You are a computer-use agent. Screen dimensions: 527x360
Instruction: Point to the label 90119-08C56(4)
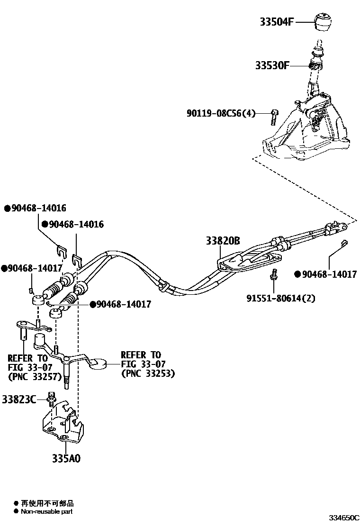coord(221,113)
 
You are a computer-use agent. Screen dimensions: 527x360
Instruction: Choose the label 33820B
coord(223,241)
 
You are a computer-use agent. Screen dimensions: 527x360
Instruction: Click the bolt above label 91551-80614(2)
coord(274,275)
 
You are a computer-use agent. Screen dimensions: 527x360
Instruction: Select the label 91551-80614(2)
coord(280,299)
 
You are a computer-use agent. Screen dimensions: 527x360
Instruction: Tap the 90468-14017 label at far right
coord(328,274)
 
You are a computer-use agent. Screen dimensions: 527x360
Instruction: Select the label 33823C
coord(18,400)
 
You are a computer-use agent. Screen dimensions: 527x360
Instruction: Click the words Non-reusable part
coord(46,511)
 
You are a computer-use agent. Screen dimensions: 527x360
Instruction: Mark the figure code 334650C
coord(344,517)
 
